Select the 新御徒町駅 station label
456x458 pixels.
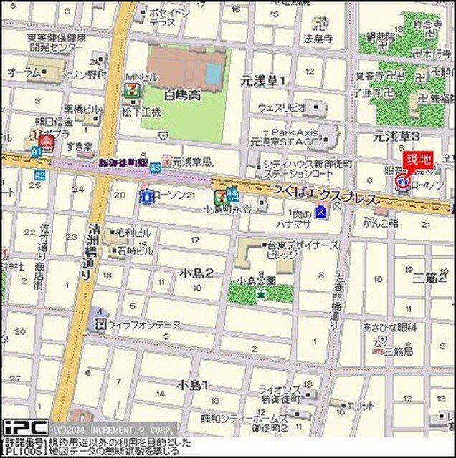123,164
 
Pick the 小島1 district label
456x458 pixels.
192,385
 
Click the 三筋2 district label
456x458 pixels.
430,278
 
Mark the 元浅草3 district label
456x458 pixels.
396,136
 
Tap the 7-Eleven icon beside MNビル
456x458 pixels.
130,90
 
